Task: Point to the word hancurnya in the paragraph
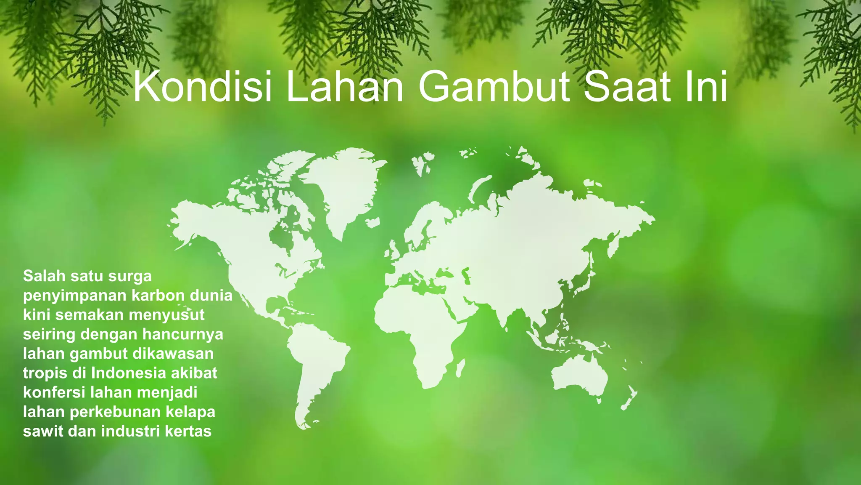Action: click(x=182, y=334)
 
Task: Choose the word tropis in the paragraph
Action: click(x=45, y=373)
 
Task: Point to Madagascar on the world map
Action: click(x=460, y=368)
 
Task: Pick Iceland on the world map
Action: click(x=372, y=222)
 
